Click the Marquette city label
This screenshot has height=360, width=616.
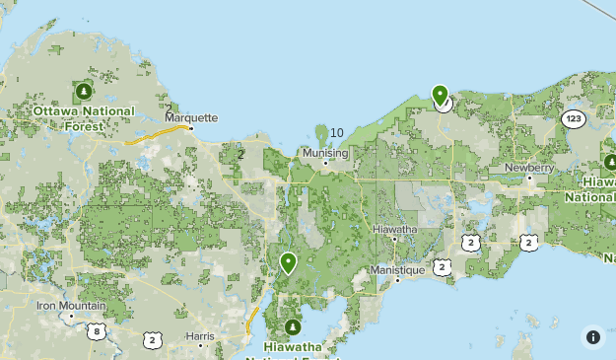point(191,116)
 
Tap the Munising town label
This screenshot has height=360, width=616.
point(326,153)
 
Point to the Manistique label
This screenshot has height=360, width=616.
point(397,269)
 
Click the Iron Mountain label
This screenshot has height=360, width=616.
point(70,306)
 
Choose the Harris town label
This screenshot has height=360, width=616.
point(199,335)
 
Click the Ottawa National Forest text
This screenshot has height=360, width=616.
point(83,117)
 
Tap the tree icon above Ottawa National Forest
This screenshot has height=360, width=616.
point(83,93)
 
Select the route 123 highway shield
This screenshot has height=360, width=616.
point(574,118)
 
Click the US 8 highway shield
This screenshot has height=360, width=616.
point(95,330)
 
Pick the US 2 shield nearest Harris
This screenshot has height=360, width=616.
point(151,339)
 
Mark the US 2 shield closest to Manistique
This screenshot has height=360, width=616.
point(442,266)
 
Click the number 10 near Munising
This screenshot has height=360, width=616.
point(336,133)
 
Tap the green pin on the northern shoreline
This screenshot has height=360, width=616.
point(441,96)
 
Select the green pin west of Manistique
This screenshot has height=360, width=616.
point(288,262)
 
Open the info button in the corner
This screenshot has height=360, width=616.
point(593,337)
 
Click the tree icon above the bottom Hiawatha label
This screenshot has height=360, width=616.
point(292,326)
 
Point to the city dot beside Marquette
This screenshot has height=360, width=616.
point(191,127)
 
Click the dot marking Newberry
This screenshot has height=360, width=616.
point(528,178)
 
